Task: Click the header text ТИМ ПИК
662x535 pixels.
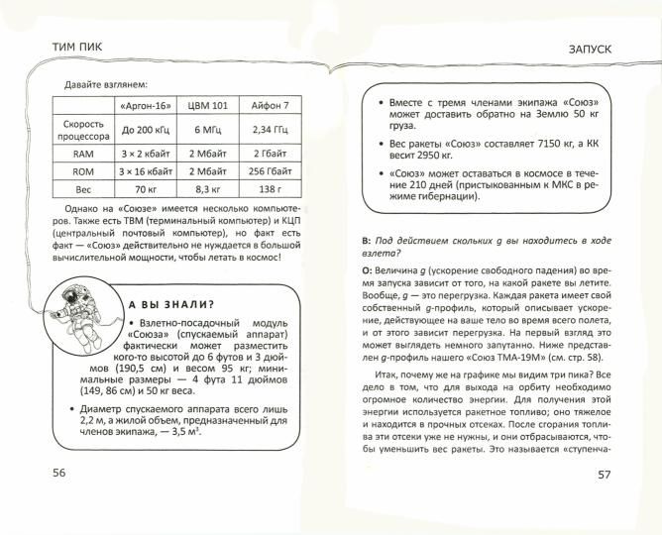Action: [77, 46]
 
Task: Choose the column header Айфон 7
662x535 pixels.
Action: [269, 105]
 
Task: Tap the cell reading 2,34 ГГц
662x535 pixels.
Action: [269, 129]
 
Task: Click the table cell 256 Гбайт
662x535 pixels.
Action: [269, 170]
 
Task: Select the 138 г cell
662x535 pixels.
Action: [269, 188]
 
